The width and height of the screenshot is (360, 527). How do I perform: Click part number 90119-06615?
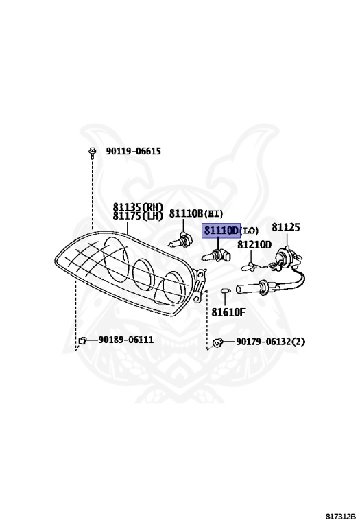(133, 151)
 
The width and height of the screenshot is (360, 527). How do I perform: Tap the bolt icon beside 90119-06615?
(92, 152)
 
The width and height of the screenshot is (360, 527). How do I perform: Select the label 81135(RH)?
(138, 207)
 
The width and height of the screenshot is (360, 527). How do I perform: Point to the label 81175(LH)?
(138, 215)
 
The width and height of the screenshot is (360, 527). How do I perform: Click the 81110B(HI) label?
(196, 213)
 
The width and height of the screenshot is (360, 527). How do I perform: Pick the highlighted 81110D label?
(221, 231)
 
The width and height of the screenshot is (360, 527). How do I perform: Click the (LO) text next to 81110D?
(250, 231)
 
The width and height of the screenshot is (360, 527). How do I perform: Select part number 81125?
(286, 227)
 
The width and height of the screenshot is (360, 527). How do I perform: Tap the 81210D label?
(254, 245)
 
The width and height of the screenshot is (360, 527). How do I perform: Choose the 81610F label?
(228, 312)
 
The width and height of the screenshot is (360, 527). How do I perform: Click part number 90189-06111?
(126, 340)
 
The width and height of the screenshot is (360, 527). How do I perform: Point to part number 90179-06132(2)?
(271, 342)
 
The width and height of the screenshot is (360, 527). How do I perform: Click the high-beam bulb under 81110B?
(180, 240)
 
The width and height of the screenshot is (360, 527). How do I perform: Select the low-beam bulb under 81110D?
(216, 256)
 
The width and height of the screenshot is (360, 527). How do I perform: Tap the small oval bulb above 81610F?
(226, 290)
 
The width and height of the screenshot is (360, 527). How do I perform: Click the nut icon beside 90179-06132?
(217, 343)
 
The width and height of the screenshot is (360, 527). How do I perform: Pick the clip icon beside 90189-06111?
(82, 341)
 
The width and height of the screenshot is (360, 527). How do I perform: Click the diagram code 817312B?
(341, 517)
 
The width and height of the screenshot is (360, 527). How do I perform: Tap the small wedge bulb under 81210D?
(249, 268)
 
